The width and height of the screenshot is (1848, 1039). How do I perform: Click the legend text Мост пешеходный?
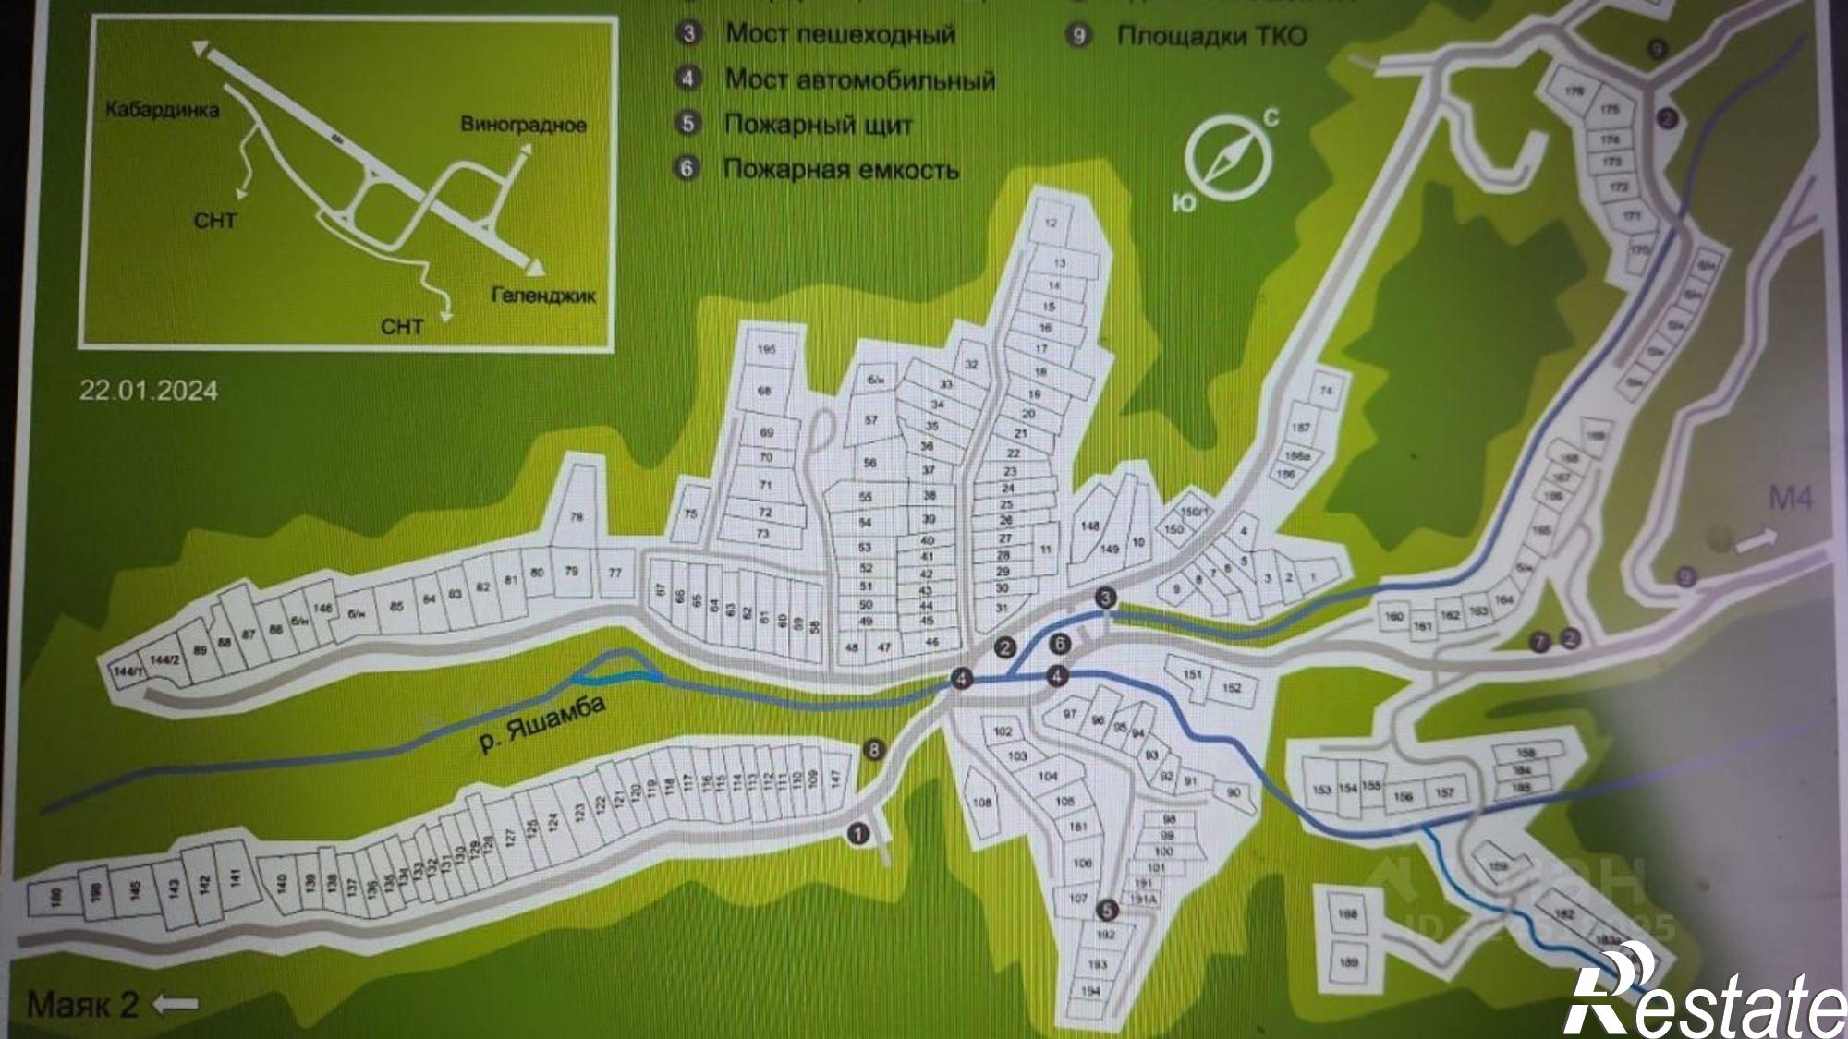pyautogui.click(x=839, y=35)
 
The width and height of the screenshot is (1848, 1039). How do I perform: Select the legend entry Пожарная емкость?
pyautogui.click(x=840, y=170)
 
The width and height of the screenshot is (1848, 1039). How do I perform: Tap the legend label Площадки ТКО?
pyautogui.click(x=1211, y=36)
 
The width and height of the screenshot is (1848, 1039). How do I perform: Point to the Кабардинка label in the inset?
pyautogui.click(x=162, y=110)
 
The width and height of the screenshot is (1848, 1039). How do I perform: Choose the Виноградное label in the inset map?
pyautogui.click(x=523, y=125)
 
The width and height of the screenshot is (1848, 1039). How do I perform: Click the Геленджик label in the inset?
pyautogui.click(x=543, y=296)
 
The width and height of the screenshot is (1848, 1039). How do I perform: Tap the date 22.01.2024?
pyautogui.click(x=148, y=391)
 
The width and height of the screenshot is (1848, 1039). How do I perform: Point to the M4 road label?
pyautogui.click(x=1790, y=499)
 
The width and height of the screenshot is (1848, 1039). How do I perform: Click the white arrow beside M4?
pyautogui.click(x=1755, y=540)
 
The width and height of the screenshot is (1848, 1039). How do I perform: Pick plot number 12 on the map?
pyautogui.click(x=1051, y=223)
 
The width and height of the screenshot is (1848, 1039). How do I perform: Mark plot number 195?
pyautogui.click(x=765, y=350)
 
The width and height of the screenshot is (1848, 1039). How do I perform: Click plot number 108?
pyautogui.click(x=981, y=802)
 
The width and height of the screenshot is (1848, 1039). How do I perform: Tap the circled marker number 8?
pyautogui.click(x=874, y=749)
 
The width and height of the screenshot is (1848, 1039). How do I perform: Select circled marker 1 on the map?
pyautogui.click(x=858, y=834)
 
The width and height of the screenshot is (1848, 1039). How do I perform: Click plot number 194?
pyautogui.click(x=1090, y=991)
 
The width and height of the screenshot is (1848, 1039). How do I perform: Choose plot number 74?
pyautogui.click(x=1326, y=391)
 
